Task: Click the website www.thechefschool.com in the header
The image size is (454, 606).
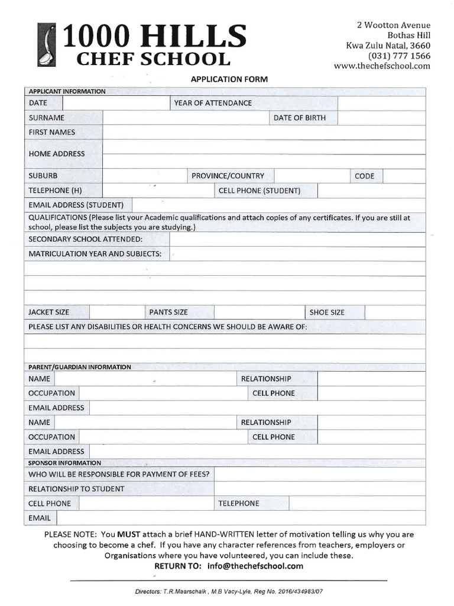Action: point(382,66)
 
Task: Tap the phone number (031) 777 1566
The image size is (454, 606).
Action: point(400,56)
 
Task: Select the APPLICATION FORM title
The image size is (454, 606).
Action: point(229,79)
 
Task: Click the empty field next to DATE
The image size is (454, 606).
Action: point(116,103)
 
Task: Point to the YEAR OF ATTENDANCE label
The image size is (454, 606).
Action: point(213,103)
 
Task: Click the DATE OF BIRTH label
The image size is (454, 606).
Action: point(299,118)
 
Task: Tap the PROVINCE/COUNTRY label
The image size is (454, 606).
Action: point(228,176)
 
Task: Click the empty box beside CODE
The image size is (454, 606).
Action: point(404,176)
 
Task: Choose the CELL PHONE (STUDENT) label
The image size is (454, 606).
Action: point(259,191)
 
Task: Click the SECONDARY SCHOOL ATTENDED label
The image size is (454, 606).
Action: point(86,239)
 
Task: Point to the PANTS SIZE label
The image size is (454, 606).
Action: point(168,312)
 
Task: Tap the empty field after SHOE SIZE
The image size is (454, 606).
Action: point(395,312)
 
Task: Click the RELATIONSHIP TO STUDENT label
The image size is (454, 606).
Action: point(76,489)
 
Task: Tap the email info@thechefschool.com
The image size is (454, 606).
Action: point(255,566)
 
